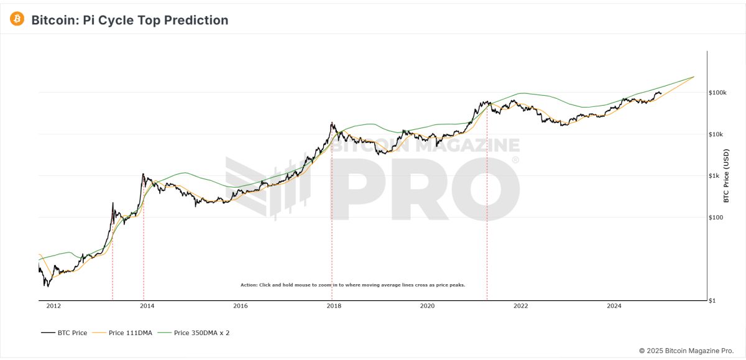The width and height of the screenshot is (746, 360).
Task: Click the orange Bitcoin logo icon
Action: click(17, 19)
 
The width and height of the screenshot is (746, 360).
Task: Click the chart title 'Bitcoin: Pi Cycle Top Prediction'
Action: click(130, 20)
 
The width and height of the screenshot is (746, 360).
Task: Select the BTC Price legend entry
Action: click(65, 333)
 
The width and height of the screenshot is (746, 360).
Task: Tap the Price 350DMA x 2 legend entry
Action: click(194, 333)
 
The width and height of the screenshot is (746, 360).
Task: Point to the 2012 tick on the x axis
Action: click(53, 306)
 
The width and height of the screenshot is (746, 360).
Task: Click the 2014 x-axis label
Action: click(147, 306)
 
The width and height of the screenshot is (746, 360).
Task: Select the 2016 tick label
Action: click(241, 306)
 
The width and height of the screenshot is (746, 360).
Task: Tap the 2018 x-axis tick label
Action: click(334, 306)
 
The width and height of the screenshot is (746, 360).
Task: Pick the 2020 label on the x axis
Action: click(427, 306)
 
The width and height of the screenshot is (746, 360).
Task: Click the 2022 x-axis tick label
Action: click(520, 306)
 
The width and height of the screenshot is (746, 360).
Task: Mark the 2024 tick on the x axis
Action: click(614, 306)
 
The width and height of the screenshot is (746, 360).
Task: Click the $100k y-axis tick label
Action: click(718, 93)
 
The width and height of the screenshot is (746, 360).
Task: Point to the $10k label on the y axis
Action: click(717, 134)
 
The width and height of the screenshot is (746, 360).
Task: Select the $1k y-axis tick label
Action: click(715, 176)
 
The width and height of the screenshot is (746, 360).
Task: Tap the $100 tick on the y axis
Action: click(716, 218)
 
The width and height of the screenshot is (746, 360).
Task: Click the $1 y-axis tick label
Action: click(713, 301)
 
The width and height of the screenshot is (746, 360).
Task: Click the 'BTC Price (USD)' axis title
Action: click(725, 176)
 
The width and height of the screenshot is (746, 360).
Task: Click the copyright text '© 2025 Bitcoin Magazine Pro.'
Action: click(687, 351)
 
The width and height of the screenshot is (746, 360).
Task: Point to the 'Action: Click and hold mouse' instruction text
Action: click(352, 285)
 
